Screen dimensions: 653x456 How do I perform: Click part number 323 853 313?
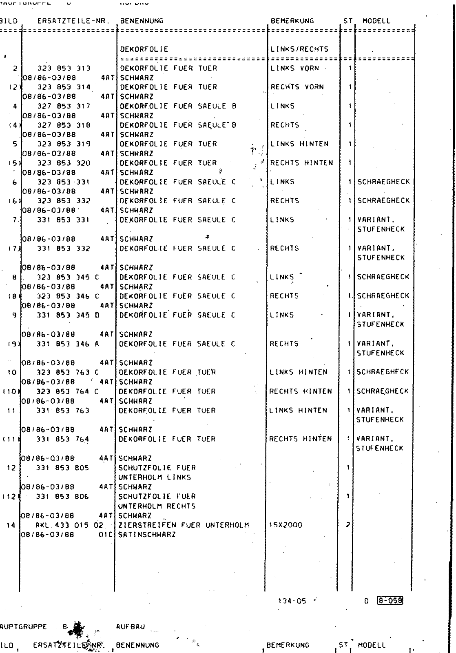pos(64,68)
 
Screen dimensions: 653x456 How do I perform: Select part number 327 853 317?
pos(64,106)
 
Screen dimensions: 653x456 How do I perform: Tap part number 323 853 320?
pos(64,163)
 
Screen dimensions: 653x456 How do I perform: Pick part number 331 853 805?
pos(63,468)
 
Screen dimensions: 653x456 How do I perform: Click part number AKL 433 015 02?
pos(69,525)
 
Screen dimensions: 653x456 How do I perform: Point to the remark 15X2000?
pos(286,525)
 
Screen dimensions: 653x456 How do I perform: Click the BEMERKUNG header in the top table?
pos(292,21)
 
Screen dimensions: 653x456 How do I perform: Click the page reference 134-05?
pos(292,601)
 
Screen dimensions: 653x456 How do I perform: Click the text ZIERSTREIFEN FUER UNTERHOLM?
pos(184,525)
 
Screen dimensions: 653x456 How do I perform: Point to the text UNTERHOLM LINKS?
pos(155,477)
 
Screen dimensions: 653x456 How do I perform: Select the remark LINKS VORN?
pos(294,68)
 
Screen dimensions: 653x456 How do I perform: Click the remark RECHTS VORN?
pos(297,87)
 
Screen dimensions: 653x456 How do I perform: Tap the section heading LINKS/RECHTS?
pos(299,49)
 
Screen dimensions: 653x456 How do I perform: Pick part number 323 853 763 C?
pos(68,372)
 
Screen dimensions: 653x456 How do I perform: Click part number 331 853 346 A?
pos(68,344)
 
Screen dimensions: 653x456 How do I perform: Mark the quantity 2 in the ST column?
pos(348,525)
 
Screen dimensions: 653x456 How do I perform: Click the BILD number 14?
pos(11,525)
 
